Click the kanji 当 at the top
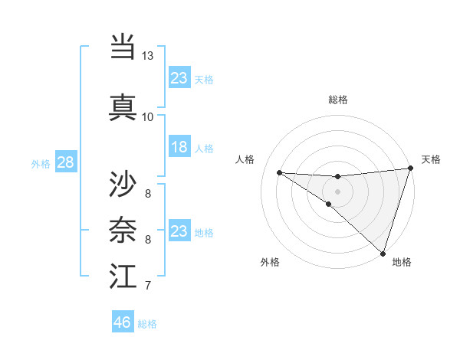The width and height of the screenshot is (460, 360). (123, 47)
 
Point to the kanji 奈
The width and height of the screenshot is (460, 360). (123, 228)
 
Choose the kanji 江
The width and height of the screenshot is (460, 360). (123, 275)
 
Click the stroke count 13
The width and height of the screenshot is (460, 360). (148, 56)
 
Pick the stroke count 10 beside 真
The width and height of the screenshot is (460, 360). (148, 116)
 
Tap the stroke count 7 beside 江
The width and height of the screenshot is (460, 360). (148, 286)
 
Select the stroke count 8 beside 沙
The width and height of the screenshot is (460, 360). (148, 193)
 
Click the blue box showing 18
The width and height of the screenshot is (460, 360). (179, 147)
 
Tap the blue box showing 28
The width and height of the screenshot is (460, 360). (65, 162)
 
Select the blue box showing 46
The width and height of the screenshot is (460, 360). (123, 322)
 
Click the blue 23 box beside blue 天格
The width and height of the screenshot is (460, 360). (179, 78)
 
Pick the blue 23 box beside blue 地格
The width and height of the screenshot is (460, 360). (179, 231)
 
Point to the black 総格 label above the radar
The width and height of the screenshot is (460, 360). (338, 100)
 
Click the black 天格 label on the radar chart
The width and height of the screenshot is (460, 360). (431, 159)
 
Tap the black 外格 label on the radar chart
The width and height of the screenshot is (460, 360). (270, 262)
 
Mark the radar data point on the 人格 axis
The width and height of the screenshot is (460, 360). (279, 172)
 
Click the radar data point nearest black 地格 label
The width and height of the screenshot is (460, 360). (383, 253)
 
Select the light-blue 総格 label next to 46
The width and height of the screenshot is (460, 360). (148, 324)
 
